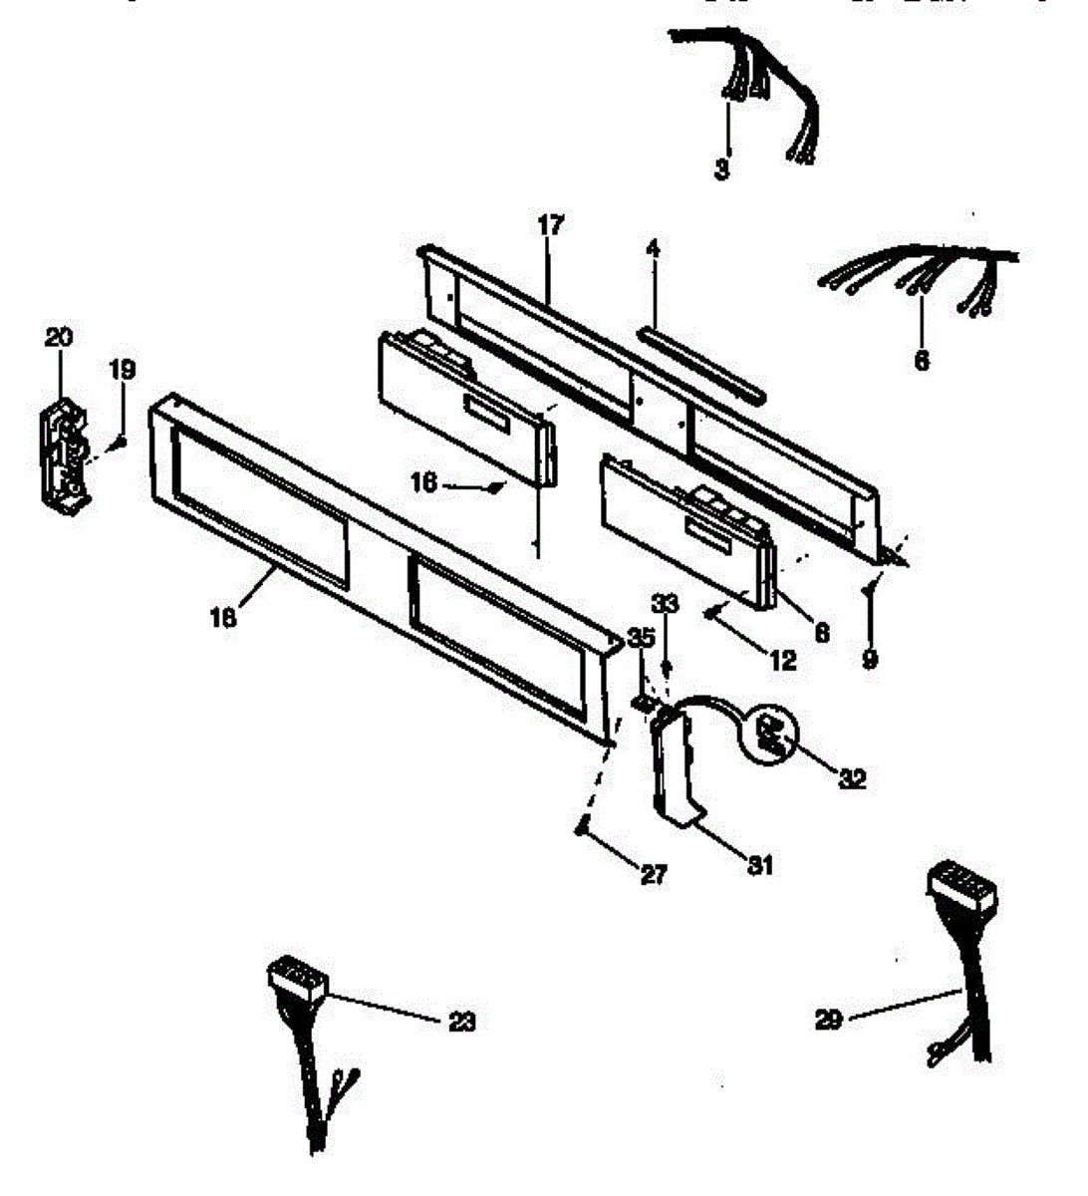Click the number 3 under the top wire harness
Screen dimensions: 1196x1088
[722, 168]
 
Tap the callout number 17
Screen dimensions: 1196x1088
[551, 225]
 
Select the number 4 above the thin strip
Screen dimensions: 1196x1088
[653, 248]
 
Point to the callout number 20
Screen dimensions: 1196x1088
[59, 338]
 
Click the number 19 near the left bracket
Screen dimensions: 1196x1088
[121, 371]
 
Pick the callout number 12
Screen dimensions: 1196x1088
[783, 659]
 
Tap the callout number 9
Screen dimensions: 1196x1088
[870, 659]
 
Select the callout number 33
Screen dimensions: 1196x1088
[666, 603]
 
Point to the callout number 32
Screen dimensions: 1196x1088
[852, 778]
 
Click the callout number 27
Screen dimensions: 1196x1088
[654, 874]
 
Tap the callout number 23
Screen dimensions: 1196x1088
[461, 1021]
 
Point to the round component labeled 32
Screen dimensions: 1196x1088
[773, 735]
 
